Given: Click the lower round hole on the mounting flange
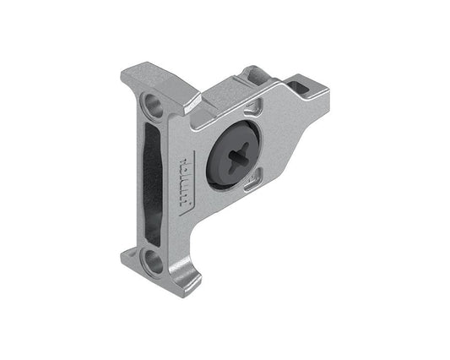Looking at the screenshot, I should click(x=154, y=261).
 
